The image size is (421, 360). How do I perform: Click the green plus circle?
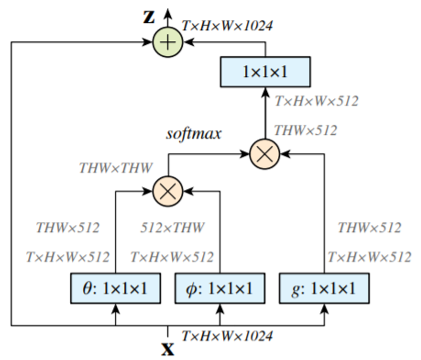(x=167, y=41)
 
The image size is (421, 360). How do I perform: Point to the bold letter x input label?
(x=167, y=348)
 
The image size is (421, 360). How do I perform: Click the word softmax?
(x=194, y=134)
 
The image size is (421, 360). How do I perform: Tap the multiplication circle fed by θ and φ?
(x=167, y=191)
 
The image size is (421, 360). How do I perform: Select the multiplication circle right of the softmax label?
(x=265, y=154)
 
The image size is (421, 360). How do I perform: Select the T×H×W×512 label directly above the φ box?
(x=172, y=256)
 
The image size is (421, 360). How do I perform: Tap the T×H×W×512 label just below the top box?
(x=316, y=101)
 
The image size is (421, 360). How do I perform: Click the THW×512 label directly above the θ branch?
(x=68, y=227)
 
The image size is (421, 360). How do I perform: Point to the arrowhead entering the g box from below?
(x=325, y=309)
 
